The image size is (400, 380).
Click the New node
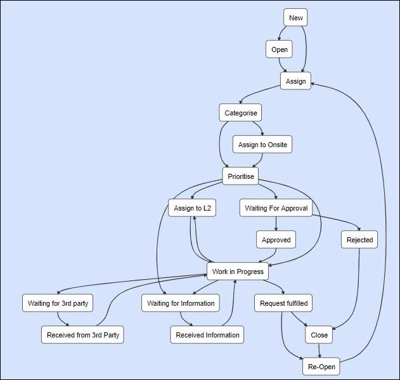[x=296, y=18]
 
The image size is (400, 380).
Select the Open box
[x=280, y=49]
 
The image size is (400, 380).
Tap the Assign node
[x=296, y=81]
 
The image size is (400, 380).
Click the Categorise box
[x=240, y=114]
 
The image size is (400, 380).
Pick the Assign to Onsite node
[x=262, y=145]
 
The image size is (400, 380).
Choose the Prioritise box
[x=240, y=176]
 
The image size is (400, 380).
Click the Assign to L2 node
[x=192, y=208]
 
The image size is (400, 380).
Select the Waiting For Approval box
[x=276, y=208]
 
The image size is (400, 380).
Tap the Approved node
[x=276, y=240]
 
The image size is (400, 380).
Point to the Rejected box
[x=359, y=240]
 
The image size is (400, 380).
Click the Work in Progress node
[x=238, y=272]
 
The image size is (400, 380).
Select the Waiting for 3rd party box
[x=58, y=303]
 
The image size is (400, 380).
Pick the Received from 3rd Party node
[x=82, y=335]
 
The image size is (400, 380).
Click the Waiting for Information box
[x=181, y=303]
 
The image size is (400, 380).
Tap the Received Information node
[x=208, y=335]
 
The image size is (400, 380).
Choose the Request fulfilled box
[x=284, y=303]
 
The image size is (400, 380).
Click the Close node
[x=319, y=335]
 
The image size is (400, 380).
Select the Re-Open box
[x=319, y=367]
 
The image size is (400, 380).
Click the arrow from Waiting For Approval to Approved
[x=276, y=223]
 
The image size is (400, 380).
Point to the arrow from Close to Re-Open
[x=319, y=351]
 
